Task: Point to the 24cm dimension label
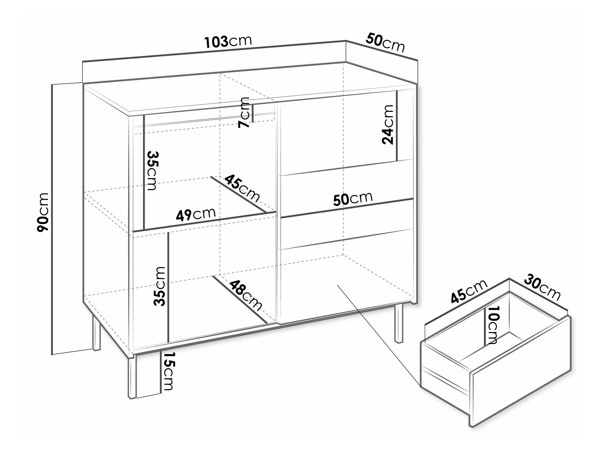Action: click(x=388, y=125)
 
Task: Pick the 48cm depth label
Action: click(x=246, y=296)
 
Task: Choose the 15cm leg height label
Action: click(x=167, y=371)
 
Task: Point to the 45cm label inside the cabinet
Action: click(x=242, y=188)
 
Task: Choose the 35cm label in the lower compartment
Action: click(x=160, y=287)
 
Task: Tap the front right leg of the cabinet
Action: click(x=399, y=324)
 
